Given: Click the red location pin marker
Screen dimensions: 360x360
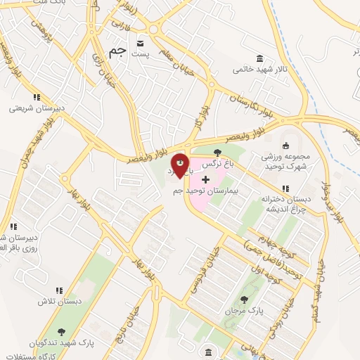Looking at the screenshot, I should (180, 165).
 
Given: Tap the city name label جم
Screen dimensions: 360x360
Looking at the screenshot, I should (118, 51).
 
